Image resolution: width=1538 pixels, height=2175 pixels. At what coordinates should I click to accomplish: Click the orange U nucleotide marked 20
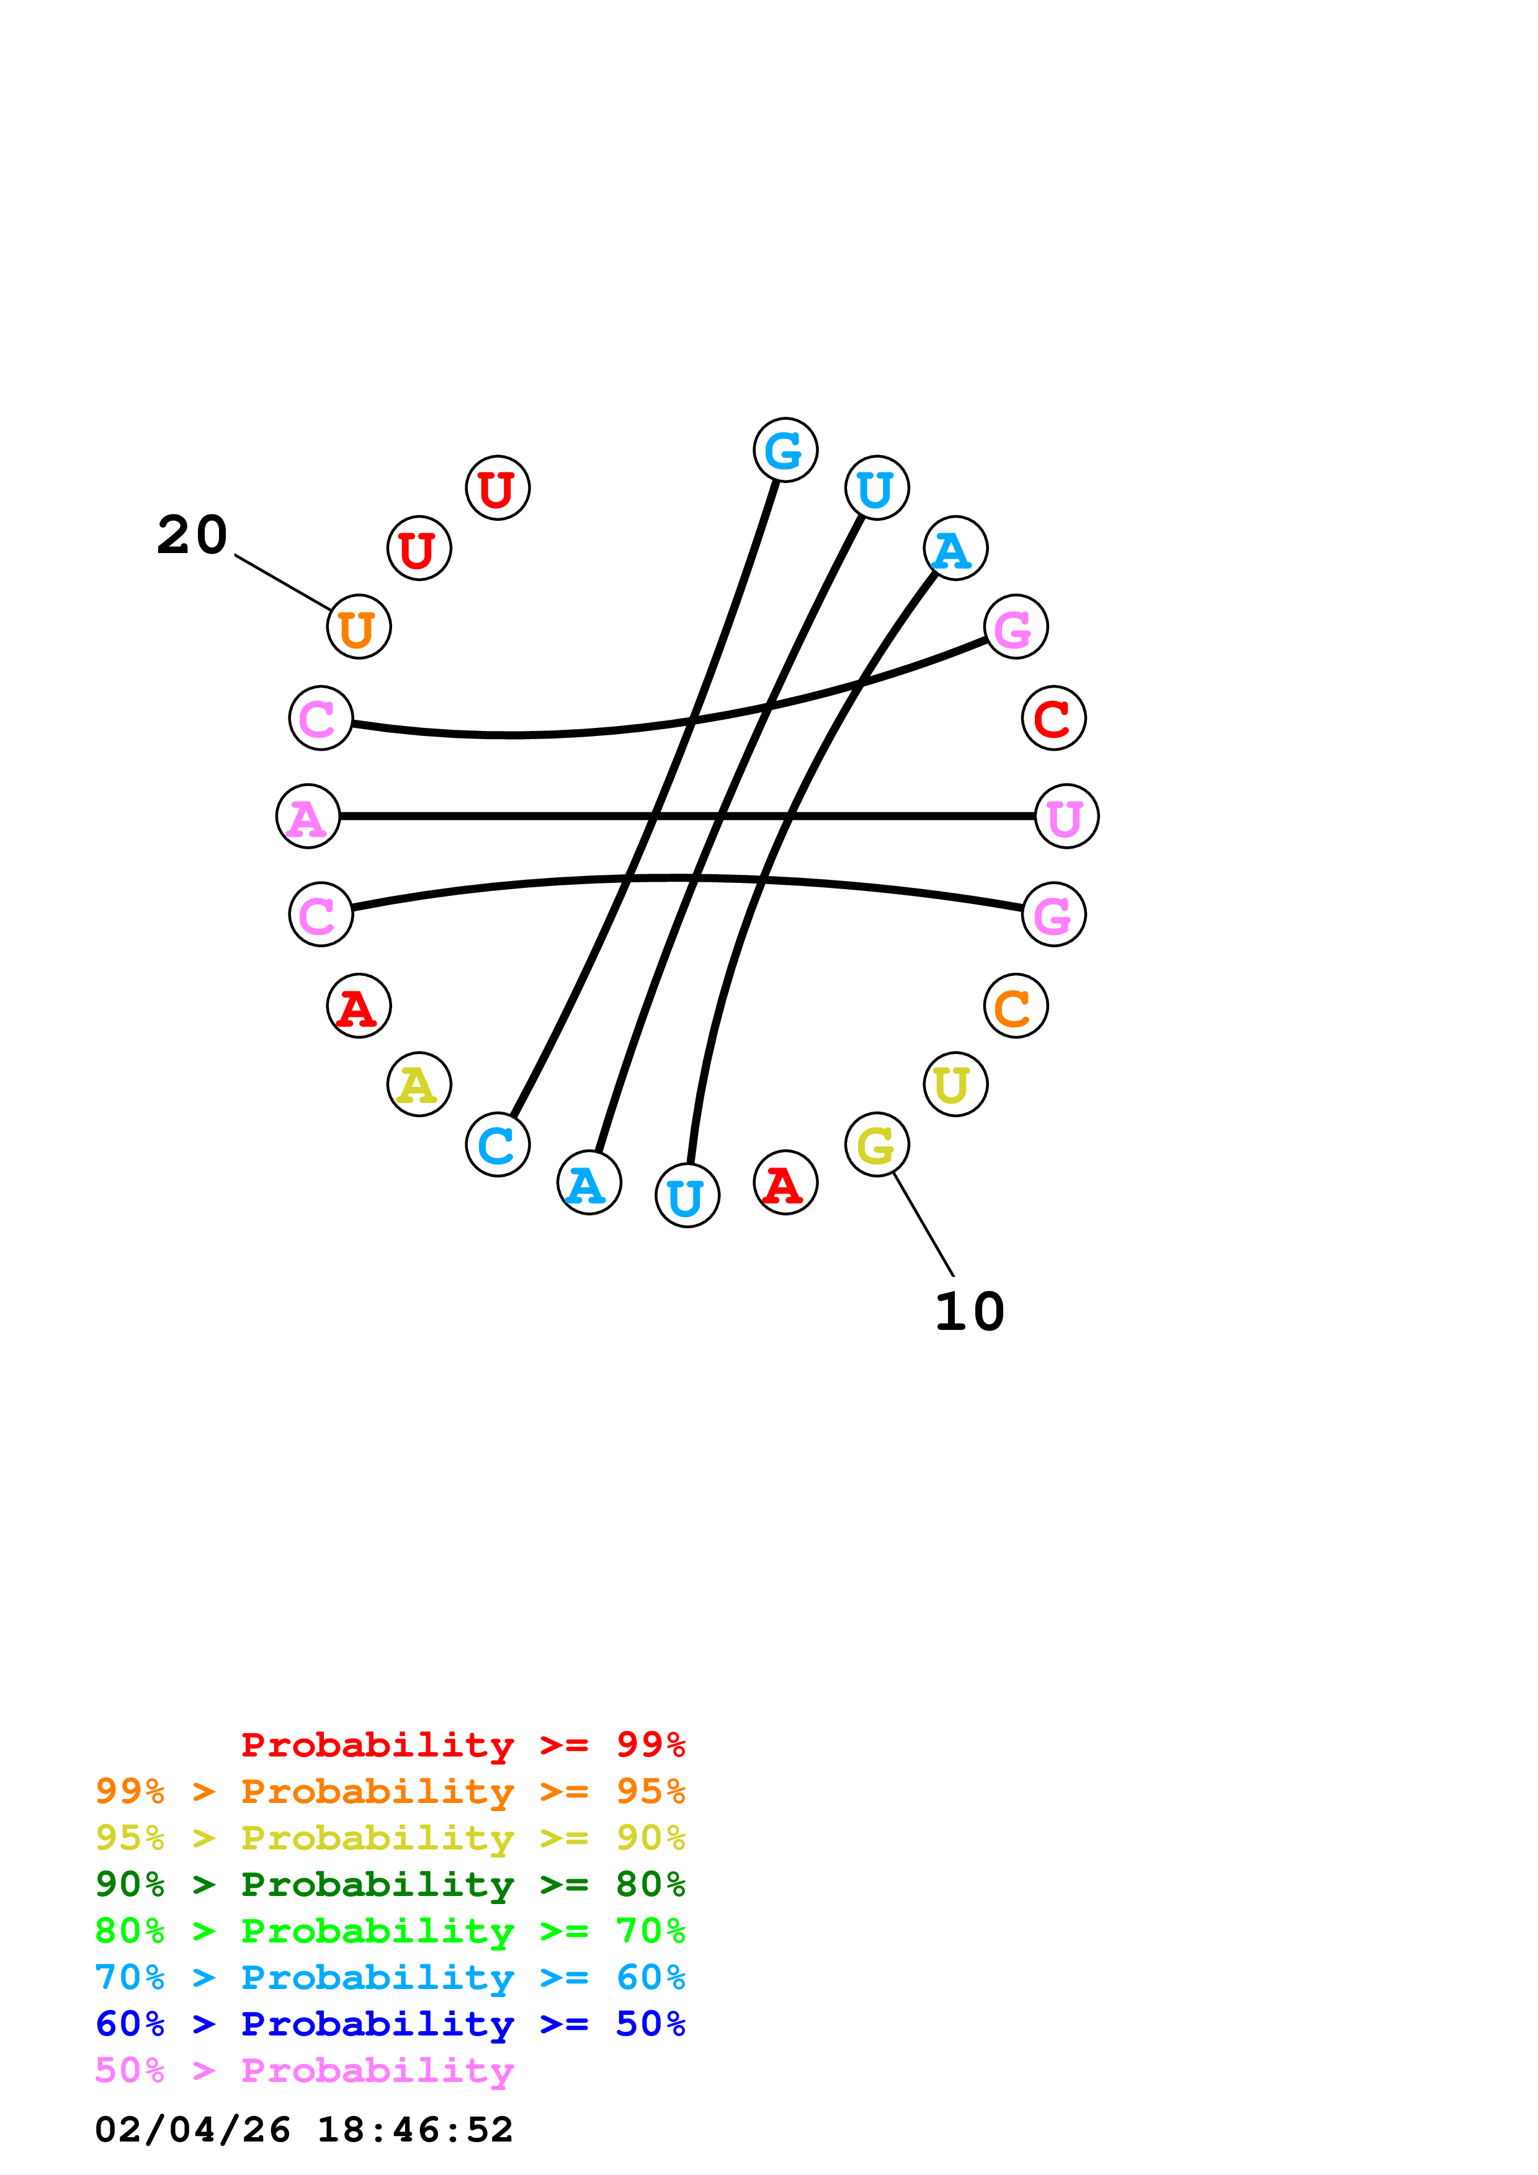pyautogui.click(x=358, y=626)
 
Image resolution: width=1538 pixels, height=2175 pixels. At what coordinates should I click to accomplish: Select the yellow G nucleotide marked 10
pyautogui.click(x=877, y=1145)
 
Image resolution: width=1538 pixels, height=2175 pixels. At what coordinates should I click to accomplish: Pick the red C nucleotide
pyautogui.click(x=1053, y=718)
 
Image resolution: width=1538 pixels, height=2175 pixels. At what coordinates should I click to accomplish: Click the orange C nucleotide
pyautogui.click(x=1015, y=1006)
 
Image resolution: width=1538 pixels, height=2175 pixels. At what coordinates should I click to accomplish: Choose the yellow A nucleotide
pyautogui.click(x=419, y=1084)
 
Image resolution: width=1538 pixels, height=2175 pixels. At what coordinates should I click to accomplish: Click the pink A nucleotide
pyautogui.click(x=308, y=816)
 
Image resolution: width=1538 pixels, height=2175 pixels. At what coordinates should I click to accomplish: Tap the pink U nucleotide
pyautogui.click(x=1066, y=816)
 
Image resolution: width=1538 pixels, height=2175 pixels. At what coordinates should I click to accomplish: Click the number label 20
pyautogui.click(x=192, y=535)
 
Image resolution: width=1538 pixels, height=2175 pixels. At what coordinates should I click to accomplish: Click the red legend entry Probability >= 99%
pyautogui.click(x=462, y=1745)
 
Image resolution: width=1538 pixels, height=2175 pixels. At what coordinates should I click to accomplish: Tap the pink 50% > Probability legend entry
pyautogui.click(x=304, y=2070)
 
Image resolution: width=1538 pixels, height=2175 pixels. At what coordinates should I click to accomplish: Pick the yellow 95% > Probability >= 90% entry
pyautogui.click(x=390, y=1838)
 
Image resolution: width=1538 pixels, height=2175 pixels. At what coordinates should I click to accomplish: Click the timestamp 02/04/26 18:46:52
pyautogui.click(x=304, y=2130)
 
